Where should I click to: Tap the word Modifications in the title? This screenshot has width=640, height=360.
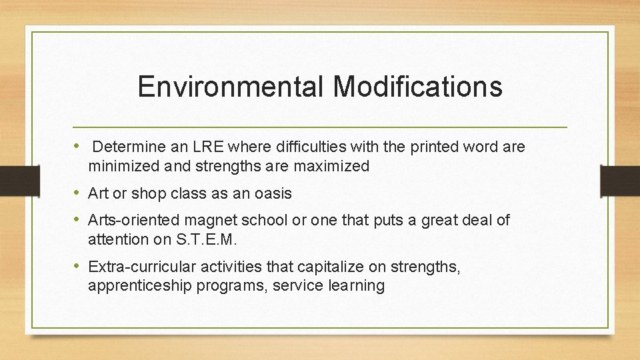(x=418, y=87)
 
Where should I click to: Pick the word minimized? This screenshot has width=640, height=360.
(x=120, y=167)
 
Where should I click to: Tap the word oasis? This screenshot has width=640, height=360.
(x=274, y=194)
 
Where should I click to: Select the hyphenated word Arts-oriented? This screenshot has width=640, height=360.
(x=135, y=221)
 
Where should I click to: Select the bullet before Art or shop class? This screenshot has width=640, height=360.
(x=77, y=193)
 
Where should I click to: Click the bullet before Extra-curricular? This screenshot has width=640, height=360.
(x=77, y=267)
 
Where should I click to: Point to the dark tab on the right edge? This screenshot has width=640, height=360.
(x=621, y=180)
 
